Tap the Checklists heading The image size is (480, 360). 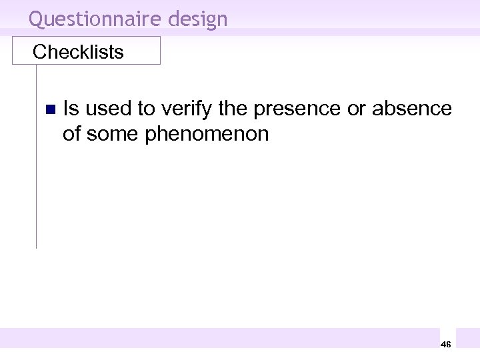click(x=78, y=52)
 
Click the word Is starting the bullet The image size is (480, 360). click(x=71, y=108)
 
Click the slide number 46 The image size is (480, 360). click(x=446, y=344)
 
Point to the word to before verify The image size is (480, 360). click(x=146, y=108)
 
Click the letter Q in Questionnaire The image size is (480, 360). click(x=37, y=19)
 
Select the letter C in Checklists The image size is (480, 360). click(x=39, y=52)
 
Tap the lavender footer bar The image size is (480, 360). click(x=220, y=338)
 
